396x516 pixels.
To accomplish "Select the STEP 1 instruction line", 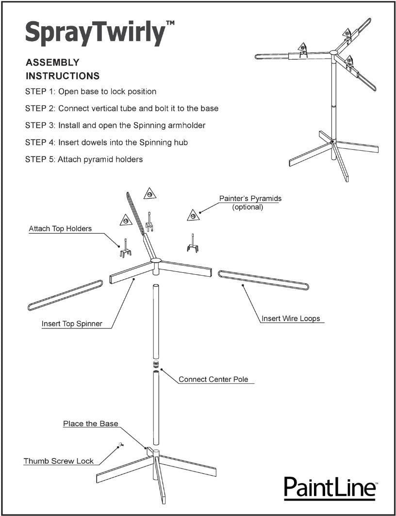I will (91, 92).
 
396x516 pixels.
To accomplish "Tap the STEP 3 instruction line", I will (115, 125).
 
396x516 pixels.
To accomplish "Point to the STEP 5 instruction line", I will (84, 159).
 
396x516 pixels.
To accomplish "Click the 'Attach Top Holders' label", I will (60, 229).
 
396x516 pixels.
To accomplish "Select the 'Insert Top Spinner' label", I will (72, 324).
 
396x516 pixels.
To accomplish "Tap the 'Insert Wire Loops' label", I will (291, 319).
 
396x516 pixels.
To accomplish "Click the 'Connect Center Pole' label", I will (213, 379).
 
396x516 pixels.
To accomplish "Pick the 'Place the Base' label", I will (90, 423).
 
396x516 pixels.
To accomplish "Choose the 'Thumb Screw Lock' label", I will (59, 461).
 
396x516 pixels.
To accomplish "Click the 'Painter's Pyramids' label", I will (250, 199).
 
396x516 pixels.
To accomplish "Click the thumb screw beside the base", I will (120, 444).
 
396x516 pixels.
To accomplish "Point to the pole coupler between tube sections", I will (156, 365).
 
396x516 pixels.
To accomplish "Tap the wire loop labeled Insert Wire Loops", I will (264, 281).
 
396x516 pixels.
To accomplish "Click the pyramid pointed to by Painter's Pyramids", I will (193, 215).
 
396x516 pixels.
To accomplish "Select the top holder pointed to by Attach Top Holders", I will (125, 250).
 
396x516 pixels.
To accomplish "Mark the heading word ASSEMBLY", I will (52, 63).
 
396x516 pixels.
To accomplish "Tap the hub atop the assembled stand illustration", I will (334, 52).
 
